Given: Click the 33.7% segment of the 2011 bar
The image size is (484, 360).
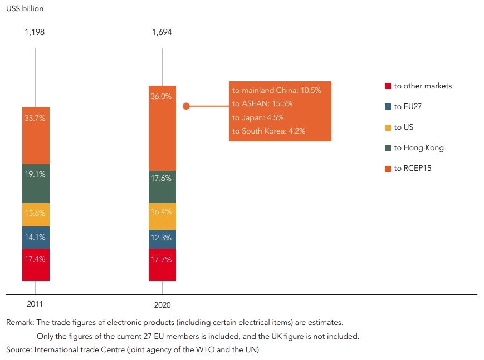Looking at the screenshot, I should pos(36,135).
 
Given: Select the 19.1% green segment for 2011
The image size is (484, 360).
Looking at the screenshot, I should pos(36,183).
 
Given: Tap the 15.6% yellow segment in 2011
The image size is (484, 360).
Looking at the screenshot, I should pos(36,214).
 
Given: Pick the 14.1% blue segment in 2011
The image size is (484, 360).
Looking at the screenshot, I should pos(36,237).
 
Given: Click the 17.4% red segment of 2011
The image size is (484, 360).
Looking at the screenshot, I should pos(36,264).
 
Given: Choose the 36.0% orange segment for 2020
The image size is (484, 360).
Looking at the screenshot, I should pos(162,128).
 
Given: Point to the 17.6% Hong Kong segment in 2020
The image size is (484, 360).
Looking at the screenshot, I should pos(162,186).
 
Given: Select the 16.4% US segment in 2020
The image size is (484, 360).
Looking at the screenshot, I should pos(162,216).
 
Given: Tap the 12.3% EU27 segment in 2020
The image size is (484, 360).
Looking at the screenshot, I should pos(162,239).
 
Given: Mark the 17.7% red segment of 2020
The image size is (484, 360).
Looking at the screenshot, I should pos(162,265).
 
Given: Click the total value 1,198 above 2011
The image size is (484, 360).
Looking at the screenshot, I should pos(35,32).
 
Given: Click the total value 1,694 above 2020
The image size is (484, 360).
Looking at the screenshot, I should pos(162,32).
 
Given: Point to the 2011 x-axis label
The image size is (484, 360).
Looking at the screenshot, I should pos(35,304).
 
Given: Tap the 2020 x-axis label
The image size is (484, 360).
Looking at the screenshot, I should pos(162,305).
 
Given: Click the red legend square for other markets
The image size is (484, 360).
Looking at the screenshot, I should pos(388,86).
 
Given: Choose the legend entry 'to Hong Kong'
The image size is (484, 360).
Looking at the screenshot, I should pos(418,148).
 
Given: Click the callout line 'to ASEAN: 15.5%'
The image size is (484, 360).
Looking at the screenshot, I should pos(262,103).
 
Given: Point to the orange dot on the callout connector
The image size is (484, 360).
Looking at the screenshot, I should pos(187,106).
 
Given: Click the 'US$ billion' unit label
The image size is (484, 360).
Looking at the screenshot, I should pos(25,9).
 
